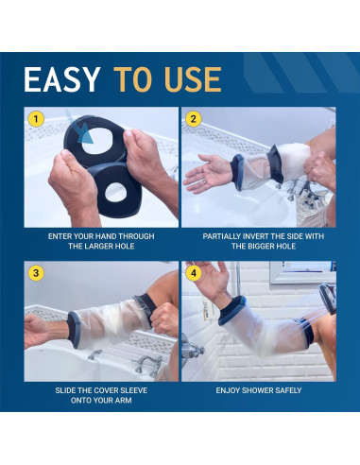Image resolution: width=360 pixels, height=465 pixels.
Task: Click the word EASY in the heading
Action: click(x=61, y=79)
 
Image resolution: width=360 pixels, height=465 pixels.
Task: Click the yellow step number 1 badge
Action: click(x=36, y=119)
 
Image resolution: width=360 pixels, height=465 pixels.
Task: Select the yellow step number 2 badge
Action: click(x=194, y=119)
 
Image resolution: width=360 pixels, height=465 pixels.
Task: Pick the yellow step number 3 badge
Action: click(x=36, y=273)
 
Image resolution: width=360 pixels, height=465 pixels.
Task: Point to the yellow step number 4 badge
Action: click(x=194, y=273)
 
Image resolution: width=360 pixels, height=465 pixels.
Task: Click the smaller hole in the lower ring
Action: click(x=115, y=192)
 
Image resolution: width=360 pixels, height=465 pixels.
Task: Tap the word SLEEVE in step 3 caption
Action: click(x=135, y=390)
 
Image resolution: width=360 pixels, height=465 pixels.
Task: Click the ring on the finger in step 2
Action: click(x=204, y=181)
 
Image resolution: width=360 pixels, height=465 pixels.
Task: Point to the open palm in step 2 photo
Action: click(x=206, y=173)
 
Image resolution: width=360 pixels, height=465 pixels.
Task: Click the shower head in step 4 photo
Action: click(x=328, y=298)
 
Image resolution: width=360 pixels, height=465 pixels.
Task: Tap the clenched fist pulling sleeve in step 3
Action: click(x=164, y=320)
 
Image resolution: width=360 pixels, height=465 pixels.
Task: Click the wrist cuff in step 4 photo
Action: click(x=233, y=310)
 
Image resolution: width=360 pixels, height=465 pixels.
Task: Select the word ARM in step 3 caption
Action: click(x=124, y=401)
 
